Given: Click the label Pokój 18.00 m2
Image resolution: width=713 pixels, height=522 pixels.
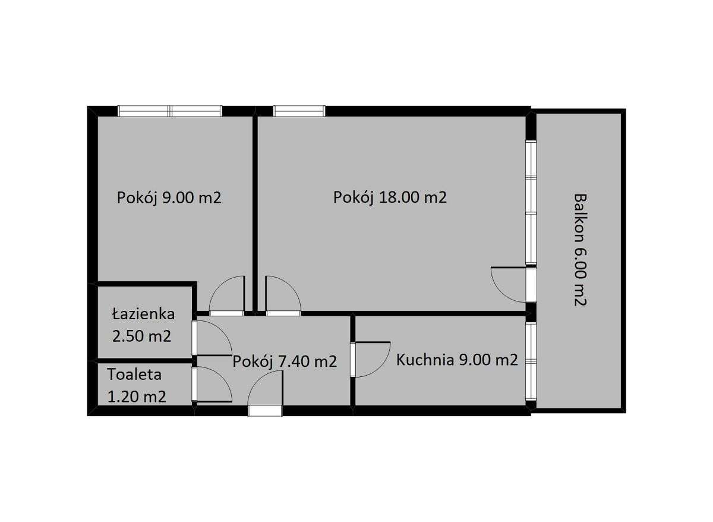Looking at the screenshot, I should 390,197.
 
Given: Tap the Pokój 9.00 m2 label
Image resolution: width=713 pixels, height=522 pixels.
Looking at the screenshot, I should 169,197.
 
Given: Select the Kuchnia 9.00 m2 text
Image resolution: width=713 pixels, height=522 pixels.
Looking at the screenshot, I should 457,360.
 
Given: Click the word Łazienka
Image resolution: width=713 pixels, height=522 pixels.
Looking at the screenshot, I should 143,314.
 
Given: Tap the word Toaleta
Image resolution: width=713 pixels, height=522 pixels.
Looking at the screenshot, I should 135,375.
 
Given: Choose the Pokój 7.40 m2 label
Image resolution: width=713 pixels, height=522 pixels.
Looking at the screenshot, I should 285,361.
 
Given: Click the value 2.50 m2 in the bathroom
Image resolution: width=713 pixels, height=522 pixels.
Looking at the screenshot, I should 142,336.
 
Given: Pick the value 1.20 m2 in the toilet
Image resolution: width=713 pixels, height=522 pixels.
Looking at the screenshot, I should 137,397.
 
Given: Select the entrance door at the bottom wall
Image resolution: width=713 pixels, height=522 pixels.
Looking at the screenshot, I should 265,395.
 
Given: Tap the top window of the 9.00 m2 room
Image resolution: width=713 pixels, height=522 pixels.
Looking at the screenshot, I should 170,111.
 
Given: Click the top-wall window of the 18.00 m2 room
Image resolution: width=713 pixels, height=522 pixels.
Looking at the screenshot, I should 299,111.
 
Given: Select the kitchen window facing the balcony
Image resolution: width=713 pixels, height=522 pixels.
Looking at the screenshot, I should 531,360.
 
